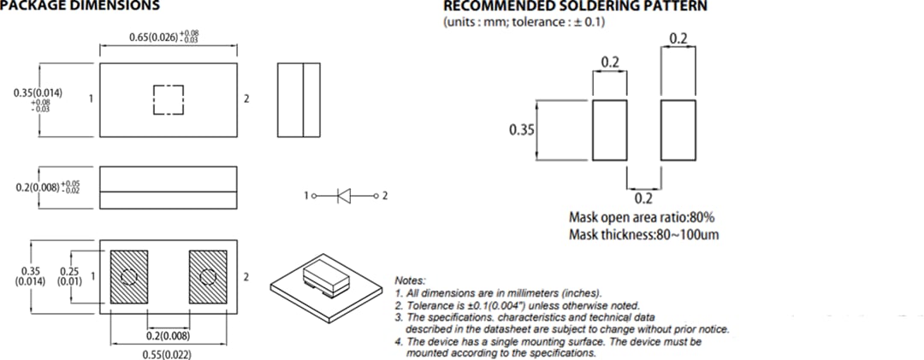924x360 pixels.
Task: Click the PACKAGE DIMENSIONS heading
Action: pyautogui.click(x=80, y=6)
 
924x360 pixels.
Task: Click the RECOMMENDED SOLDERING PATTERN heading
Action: pyautogui.click(x=575, y=6)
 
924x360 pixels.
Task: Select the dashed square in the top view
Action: pyautogui.click(x=169, y=99)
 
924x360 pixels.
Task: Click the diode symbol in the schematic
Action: pyautogui.click(x=345, y=196)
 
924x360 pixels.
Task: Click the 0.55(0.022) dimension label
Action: pyautogui.click(x=168, y=354)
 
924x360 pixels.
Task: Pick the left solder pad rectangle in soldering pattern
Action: pyautogui.click(x=609, y=129)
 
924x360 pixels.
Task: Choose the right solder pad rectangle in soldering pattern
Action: pyautogui.click(x=678, y=129)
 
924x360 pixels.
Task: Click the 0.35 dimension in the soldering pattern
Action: pyautogui.click(x=521, y=130)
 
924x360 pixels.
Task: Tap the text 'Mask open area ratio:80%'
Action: pyautogui.click(x=642, y=217)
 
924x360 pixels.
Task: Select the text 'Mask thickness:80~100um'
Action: pyautogui.click(x=643, y=234)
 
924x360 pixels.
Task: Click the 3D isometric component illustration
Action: pyautogui.click(x=325, y=283)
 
